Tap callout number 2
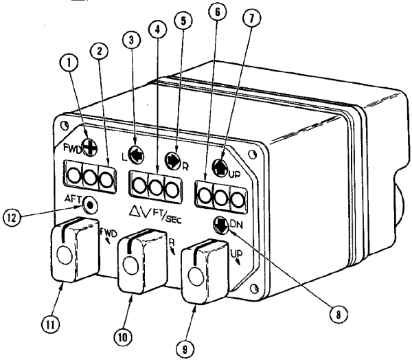[x=100, y=52]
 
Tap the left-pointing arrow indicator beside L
[x=137, y=155]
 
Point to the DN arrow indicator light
[x=220, y=223]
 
